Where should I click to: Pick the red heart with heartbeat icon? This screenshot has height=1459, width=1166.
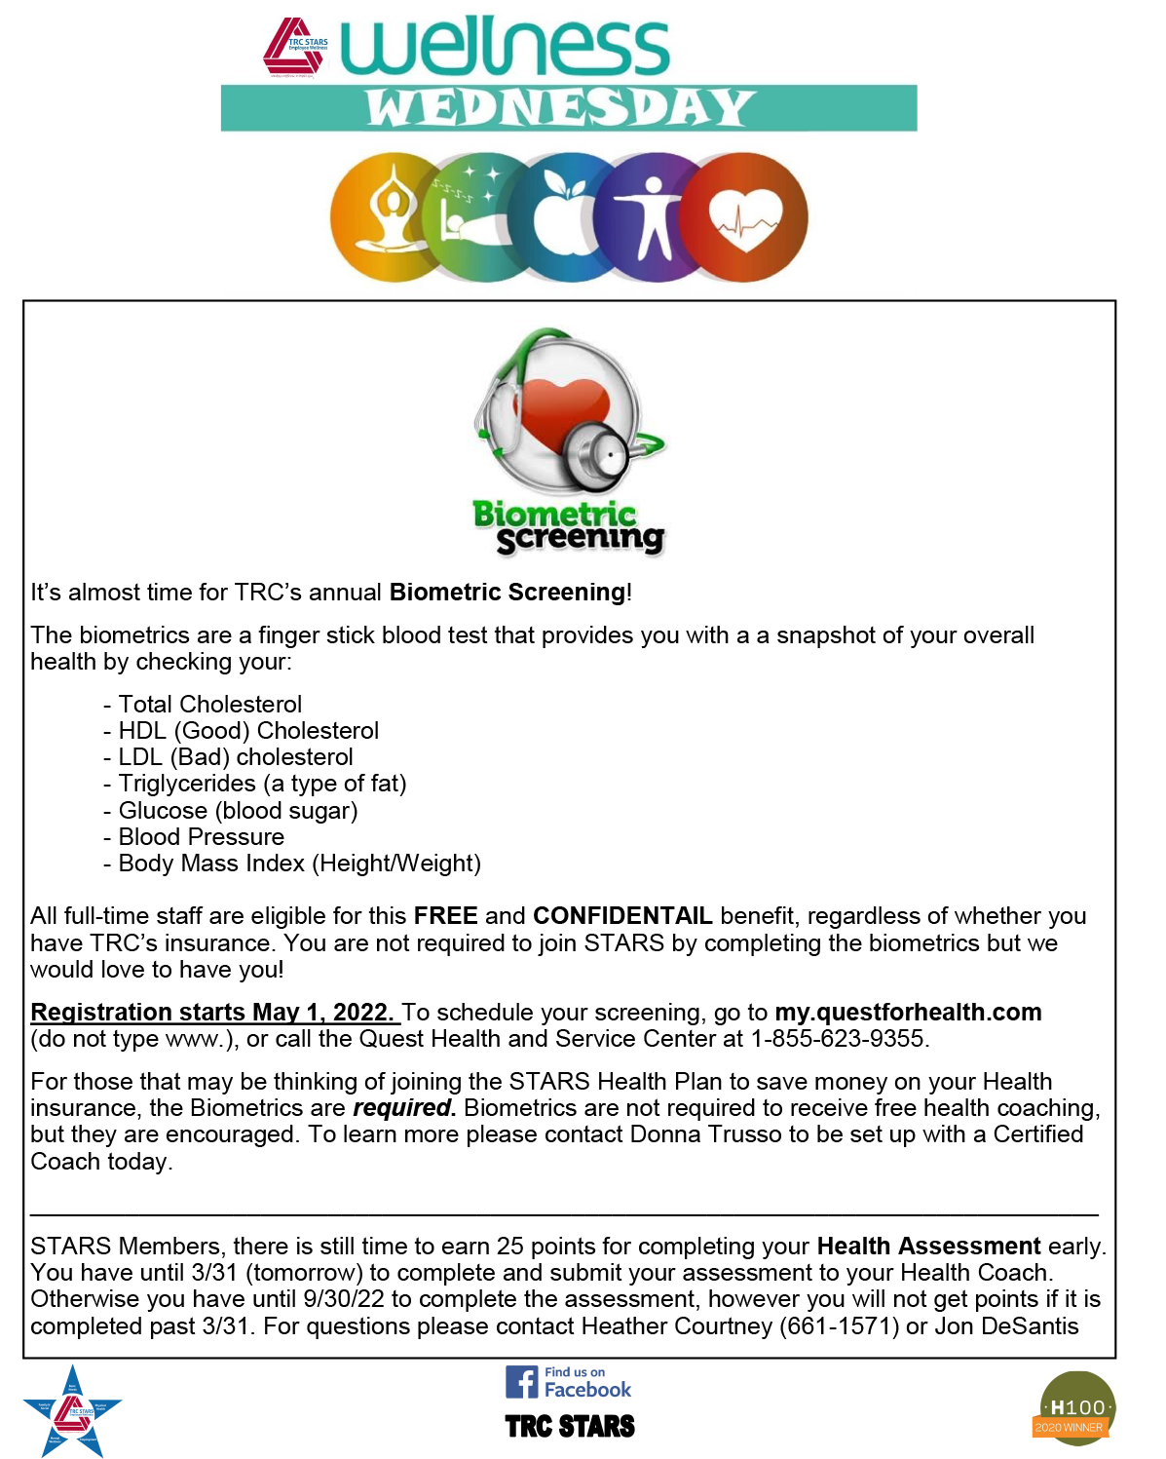coord(745,216)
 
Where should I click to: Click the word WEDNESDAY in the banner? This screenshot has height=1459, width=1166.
coord(560,108)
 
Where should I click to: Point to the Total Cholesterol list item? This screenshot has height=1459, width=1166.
coord(209,704)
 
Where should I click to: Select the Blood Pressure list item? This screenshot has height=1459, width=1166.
coord(201,836)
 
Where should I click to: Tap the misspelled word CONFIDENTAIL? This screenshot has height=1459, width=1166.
coord(622,916)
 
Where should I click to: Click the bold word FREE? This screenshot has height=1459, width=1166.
coord(445,916)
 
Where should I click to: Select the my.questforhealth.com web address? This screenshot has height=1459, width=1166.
coord(908,1012)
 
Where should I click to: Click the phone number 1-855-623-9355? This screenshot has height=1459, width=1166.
coord(838,1039)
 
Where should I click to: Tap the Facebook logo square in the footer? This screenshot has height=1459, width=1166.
coord(521,1382)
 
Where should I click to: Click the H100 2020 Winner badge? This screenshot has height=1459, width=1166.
coord(1073,1408)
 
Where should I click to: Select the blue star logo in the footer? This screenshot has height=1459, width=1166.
coord(72,1411)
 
